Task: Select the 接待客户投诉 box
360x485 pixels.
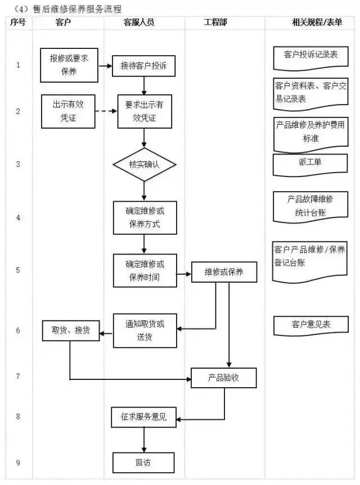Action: (144, 66)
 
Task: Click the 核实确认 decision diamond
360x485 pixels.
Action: (145, 165)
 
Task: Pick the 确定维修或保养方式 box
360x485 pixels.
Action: (145, 217)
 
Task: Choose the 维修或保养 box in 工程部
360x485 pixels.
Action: (224, 272)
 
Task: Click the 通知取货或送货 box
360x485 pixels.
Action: (145, 330)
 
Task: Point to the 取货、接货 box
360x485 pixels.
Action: (71, 330)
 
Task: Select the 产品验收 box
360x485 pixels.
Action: (224, 378)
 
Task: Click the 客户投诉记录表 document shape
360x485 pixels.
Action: (310, 56)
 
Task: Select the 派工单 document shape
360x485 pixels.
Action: (310, 164)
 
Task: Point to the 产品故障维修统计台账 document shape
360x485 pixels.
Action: (310, 206)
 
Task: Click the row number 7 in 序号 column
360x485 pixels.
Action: (18, 376)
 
